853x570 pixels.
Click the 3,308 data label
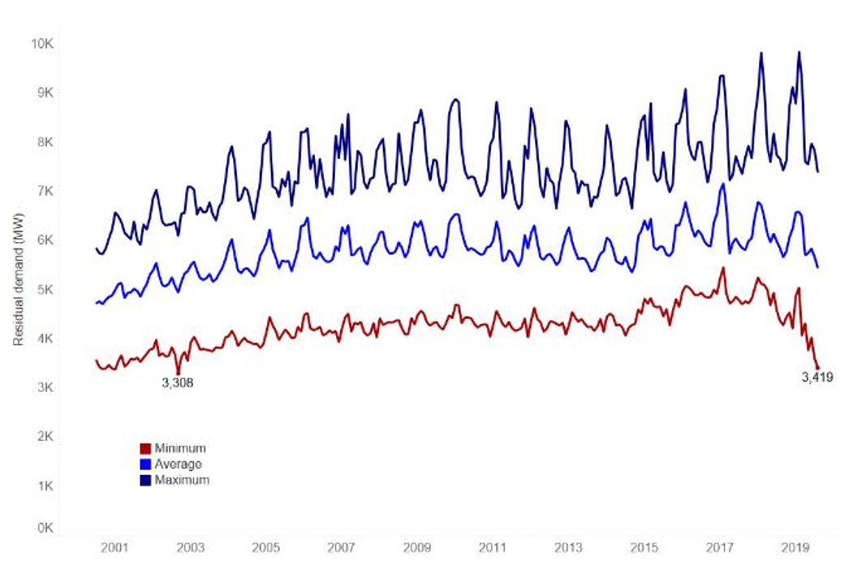(177, 383)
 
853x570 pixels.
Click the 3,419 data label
(817, 378)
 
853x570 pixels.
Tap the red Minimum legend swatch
(146, 448)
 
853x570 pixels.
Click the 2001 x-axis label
(114, 548)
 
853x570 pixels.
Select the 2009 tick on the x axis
(417, 548)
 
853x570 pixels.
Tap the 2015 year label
(644, 548)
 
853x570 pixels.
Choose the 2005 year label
(265, 548)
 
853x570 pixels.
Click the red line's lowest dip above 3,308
(178, 372)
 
